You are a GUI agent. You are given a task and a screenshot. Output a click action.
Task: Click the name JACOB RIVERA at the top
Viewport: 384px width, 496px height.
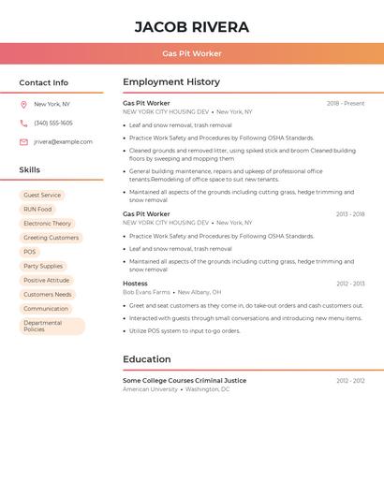coord(192,26)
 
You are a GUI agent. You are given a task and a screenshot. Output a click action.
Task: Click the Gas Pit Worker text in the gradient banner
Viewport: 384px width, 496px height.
coord(192,53)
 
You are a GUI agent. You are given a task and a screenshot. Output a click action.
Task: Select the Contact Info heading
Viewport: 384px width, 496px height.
coord(43,82)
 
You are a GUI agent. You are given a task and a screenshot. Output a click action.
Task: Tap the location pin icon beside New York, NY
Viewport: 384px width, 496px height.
coord(23,105)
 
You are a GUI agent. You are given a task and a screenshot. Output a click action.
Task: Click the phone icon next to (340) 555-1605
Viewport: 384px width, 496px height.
coord(23,123)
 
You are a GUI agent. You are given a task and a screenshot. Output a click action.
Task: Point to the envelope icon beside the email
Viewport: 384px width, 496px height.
coord(23,142)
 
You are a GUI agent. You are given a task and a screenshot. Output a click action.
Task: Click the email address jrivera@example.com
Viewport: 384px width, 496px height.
coord(63,142)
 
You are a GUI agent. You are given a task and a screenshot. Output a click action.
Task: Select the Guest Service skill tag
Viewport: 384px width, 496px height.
coord(42,196)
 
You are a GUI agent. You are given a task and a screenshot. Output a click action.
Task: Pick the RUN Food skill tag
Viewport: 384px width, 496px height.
coord(37,210)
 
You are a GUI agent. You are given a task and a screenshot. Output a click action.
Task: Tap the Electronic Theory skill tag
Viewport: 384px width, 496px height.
coord(47,224)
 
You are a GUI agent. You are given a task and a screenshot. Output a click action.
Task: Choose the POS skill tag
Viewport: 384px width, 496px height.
coord(30,252)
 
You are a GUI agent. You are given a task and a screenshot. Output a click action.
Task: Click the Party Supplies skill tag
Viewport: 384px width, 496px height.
coord(43,266)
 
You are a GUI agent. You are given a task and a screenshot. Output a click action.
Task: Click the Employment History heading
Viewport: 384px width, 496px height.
coord(171,82)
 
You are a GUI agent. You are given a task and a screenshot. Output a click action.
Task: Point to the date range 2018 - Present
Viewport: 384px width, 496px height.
coord(346,104)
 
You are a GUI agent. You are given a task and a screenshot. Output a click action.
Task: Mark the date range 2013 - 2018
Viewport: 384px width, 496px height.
coord(350,214)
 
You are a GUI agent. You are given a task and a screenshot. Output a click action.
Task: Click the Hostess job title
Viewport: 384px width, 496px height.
coord(135,284)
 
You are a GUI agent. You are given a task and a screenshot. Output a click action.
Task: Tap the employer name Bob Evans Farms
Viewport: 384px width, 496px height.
coord(146,292)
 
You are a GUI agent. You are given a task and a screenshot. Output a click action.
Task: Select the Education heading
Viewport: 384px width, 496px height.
coord(146,359)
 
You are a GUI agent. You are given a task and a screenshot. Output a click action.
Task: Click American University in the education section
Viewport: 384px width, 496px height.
coord(150,389)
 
